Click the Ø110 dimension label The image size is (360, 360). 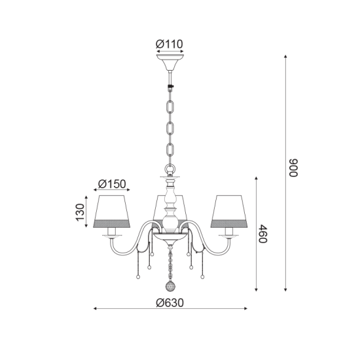170,45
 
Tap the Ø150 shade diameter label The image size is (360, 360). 112,184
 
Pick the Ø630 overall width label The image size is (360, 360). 170,302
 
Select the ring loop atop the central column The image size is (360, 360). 170,171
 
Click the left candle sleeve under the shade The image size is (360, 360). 112,232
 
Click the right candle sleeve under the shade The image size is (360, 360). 228,232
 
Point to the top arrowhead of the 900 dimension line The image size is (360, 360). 285,57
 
